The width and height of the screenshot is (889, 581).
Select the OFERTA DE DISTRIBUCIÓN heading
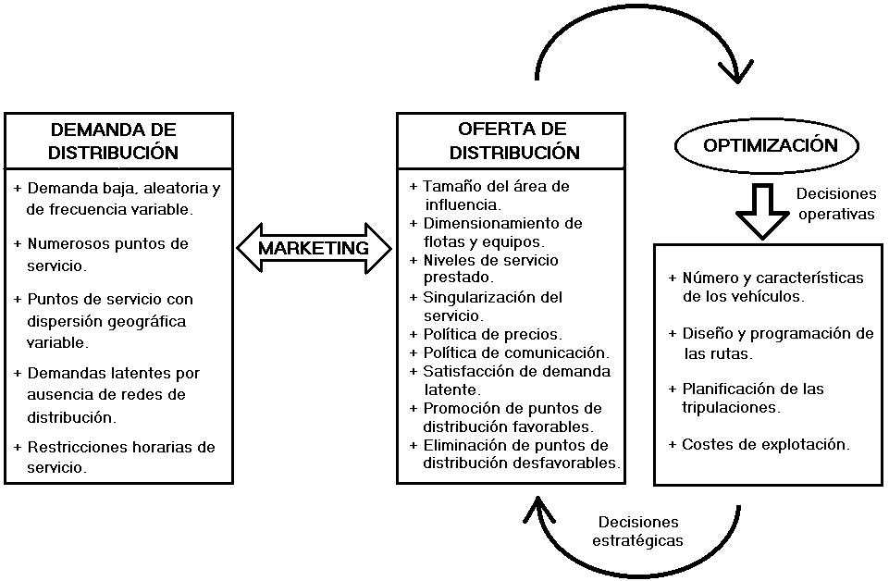coord(512,141)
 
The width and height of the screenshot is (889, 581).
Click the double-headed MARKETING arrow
coord(314,248)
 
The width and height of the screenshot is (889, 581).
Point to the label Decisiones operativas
coord(835,204)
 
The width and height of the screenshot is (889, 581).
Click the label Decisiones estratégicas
coord(638,532)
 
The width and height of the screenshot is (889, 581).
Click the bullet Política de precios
coord(492,334)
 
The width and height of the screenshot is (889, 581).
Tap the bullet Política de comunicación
coord(515,352)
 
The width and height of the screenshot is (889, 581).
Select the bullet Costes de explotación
coord(764,444)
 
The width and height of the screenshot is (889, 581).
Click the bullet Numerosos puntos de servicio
coord(106,254)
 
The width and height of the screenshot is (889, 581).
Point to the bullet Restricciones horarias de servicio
coord(120,457)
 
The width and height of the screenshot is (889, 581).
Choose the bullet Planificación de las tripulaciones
coord(751,398)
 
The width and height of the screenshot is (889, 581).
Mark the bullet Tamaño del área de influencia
coord(495,195)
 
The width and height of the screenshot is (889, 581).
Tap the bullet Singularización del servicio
coord(492,306)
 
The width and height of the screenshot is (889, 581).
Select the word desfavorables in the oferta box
coord(569,463)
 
